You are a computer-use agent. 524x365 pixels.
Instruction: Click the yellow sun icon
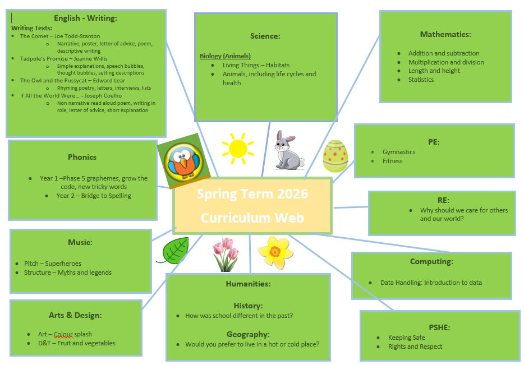click(x=238, y=148)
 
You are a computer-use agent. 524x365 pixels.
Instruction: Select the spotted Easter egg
click(x=335, y=156)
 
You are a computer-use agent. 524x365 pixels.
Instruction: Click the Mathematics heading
click(x=445, y=34)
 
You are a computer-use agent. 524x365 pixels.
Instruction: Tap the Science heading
click(x=265, y=36)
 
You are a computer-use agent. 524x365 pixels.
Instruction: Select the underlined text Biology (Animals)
click(x=225, y=56)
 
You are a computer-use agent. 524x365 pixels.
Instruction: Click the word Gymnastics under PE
click(x=399, y=152)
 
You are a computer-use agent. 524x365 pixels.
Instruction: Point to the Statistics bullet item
click(x=421, y=80)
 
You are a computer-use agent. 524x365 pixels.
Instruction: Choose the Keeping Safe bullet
click(x=406, y=338)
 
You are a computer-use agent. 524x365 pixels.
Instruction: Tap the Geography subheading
click(x=248, y=334)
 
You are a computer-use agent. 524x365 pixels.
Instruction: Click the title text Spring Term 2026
click(x=252, y=194)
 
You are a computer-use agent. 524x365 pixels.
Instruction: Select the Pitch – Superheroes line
click(x=53, y=264)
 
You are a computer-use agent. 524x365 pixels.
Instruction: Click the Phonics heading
click(x=82, y=157)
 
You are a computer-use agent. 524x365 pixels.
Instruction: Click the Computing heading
click(x=431, y=261)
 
